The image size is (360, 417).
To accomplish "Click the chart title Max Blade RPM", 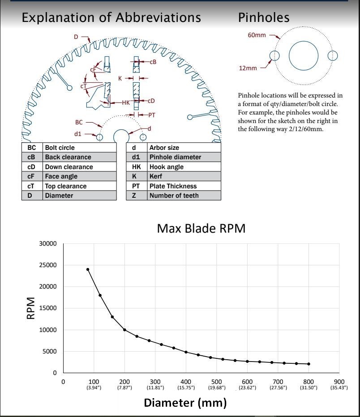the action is point(201,229).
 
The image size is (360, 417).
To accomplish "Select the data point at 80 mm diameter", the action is point(88,269).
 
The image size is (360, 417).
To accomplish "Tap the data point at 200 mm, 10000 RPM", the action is point(124,330).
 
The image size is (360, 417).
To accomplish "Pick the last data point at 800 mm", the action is point(309,364).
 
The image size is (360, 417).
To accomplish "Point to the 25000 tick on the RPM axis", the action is point(48,265).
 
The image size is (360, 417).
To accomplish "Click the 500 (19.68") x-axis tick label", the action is point(217,384).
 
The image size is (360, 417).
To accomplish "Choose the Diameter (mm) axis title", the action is point(185,403).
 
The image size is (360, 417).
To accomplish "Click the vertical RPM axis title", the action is point(31,308).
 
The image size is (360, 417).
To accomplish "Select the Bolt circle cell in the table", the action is point(80,148).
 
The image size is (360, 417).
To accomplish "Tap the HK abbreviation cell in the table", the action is point(137,167).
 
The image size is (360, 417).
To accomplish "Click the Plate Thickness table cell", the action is point(184,186).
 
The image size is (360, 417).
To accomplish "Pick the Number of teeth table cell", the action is point(184,196).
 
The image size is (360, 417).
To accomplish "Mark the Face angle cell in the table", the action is point(80,176).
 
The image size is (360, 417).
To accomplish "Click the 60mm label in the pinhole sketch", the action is point(257,35).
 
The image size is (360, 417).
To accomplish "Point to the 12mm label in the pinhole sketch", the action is point(248,68).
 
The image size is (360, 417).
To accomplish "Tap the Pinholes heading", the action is point(264,17).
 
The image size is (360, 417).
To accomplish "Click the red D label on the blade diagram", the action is point(76,37).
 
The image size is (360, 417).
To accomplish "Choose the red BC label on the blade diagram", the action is point(79,122).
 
